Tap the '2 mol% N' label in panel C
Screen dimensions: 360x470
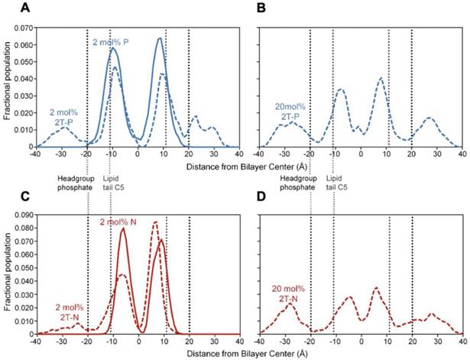118,222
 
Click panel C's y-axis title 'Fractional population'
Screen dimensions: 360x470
7,274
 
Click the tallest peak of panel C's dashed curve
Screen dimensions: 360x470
155,222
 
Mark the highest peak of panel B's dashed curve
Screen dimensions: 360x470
381,78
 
